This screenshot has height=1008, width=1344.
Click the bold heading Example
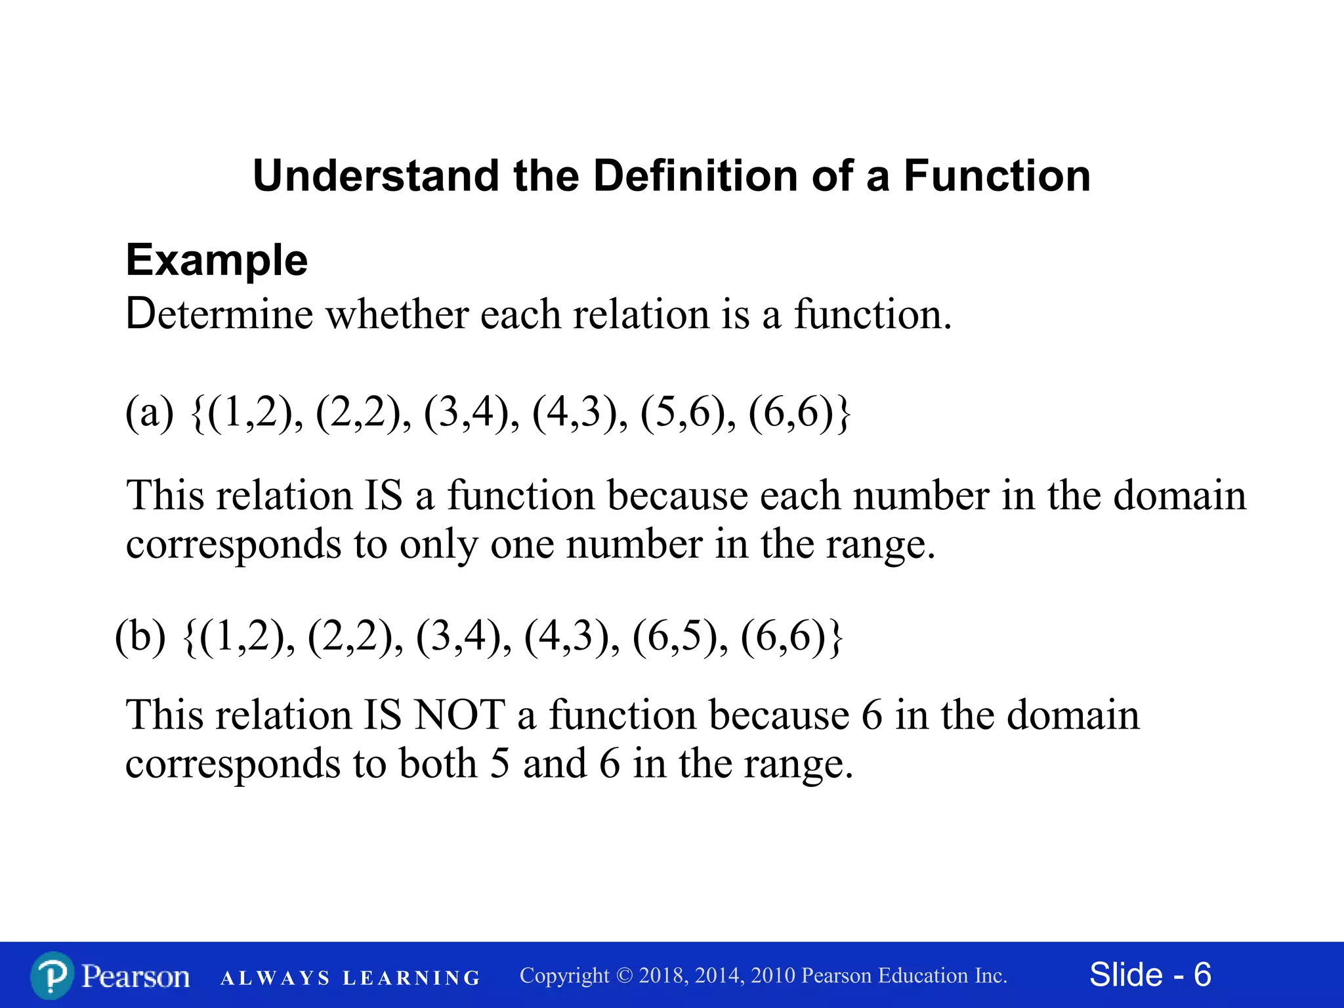[217, 260]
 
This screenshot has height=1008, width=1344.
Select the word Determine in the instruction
[219, 314]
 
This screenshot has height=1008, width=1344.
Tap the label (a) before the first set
[150, 413]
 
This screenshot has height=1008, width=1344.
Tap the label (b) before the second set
[140, 637]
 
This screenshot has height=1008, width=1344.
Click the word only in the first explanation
[438, 544]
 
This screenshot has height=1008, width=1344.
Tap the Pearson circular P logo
[52, 976]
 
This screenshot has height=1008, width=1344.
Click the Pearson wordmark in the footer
[136, 976]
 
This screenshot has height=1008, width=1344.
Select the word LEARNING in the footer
[411, 978]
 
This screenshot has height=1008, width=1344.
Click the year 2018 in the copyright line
[661, 976]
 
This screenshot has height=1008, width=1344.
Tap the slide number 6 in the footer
[1202, 975]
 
